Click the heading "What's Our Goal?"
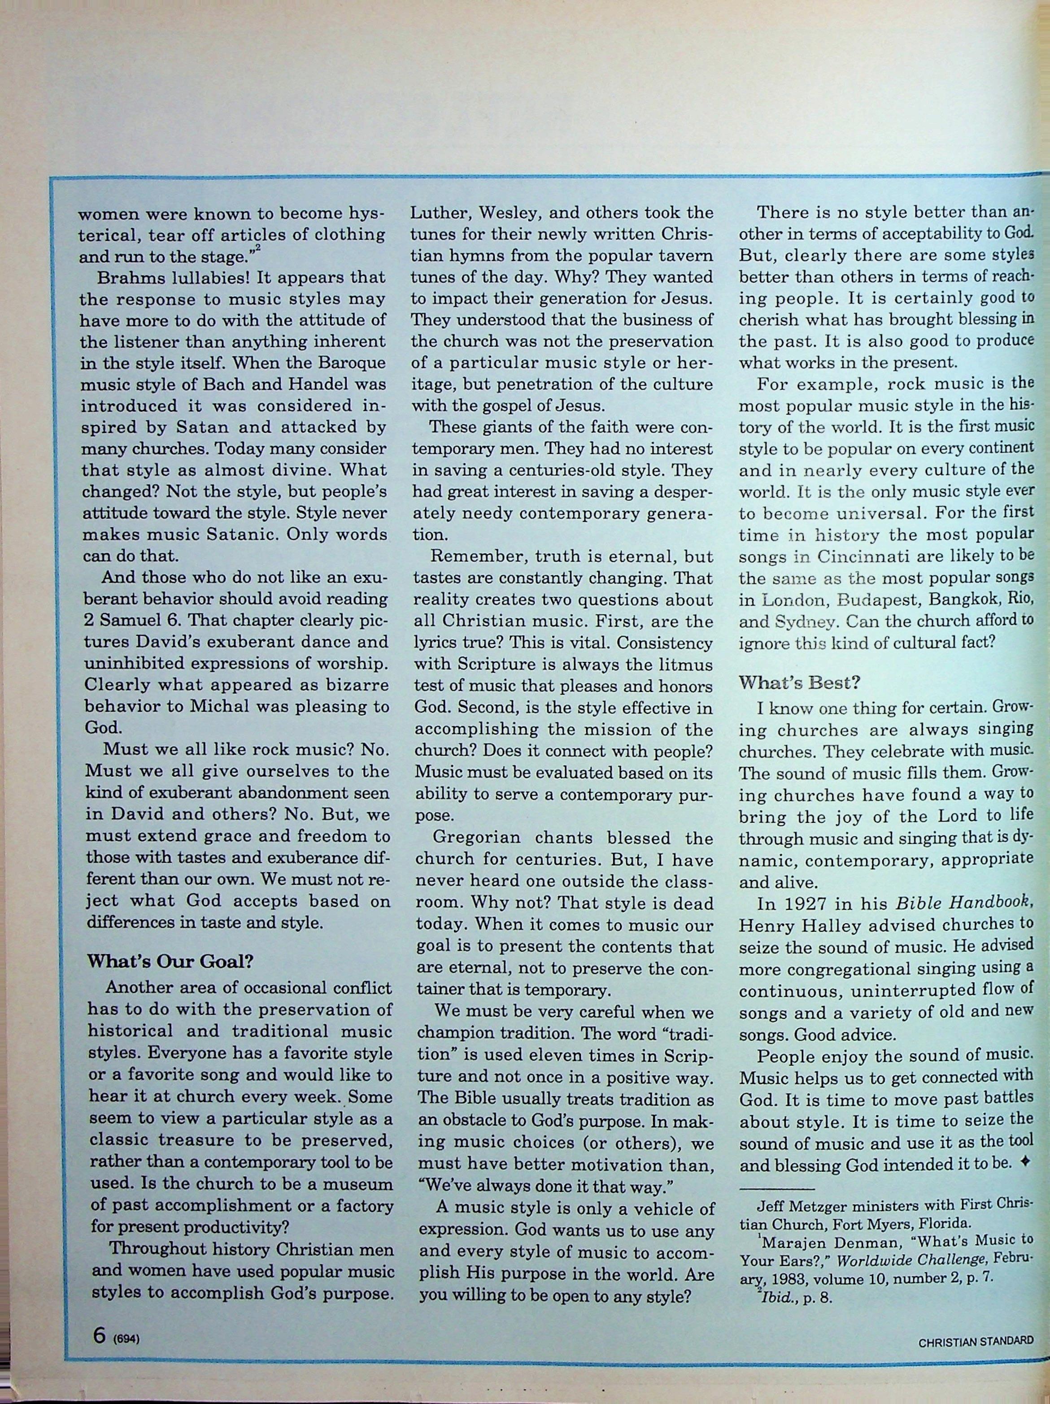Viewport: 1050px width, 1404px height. [170, 961]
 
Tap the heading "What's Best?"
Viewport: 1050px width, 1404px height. [799, 683]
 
